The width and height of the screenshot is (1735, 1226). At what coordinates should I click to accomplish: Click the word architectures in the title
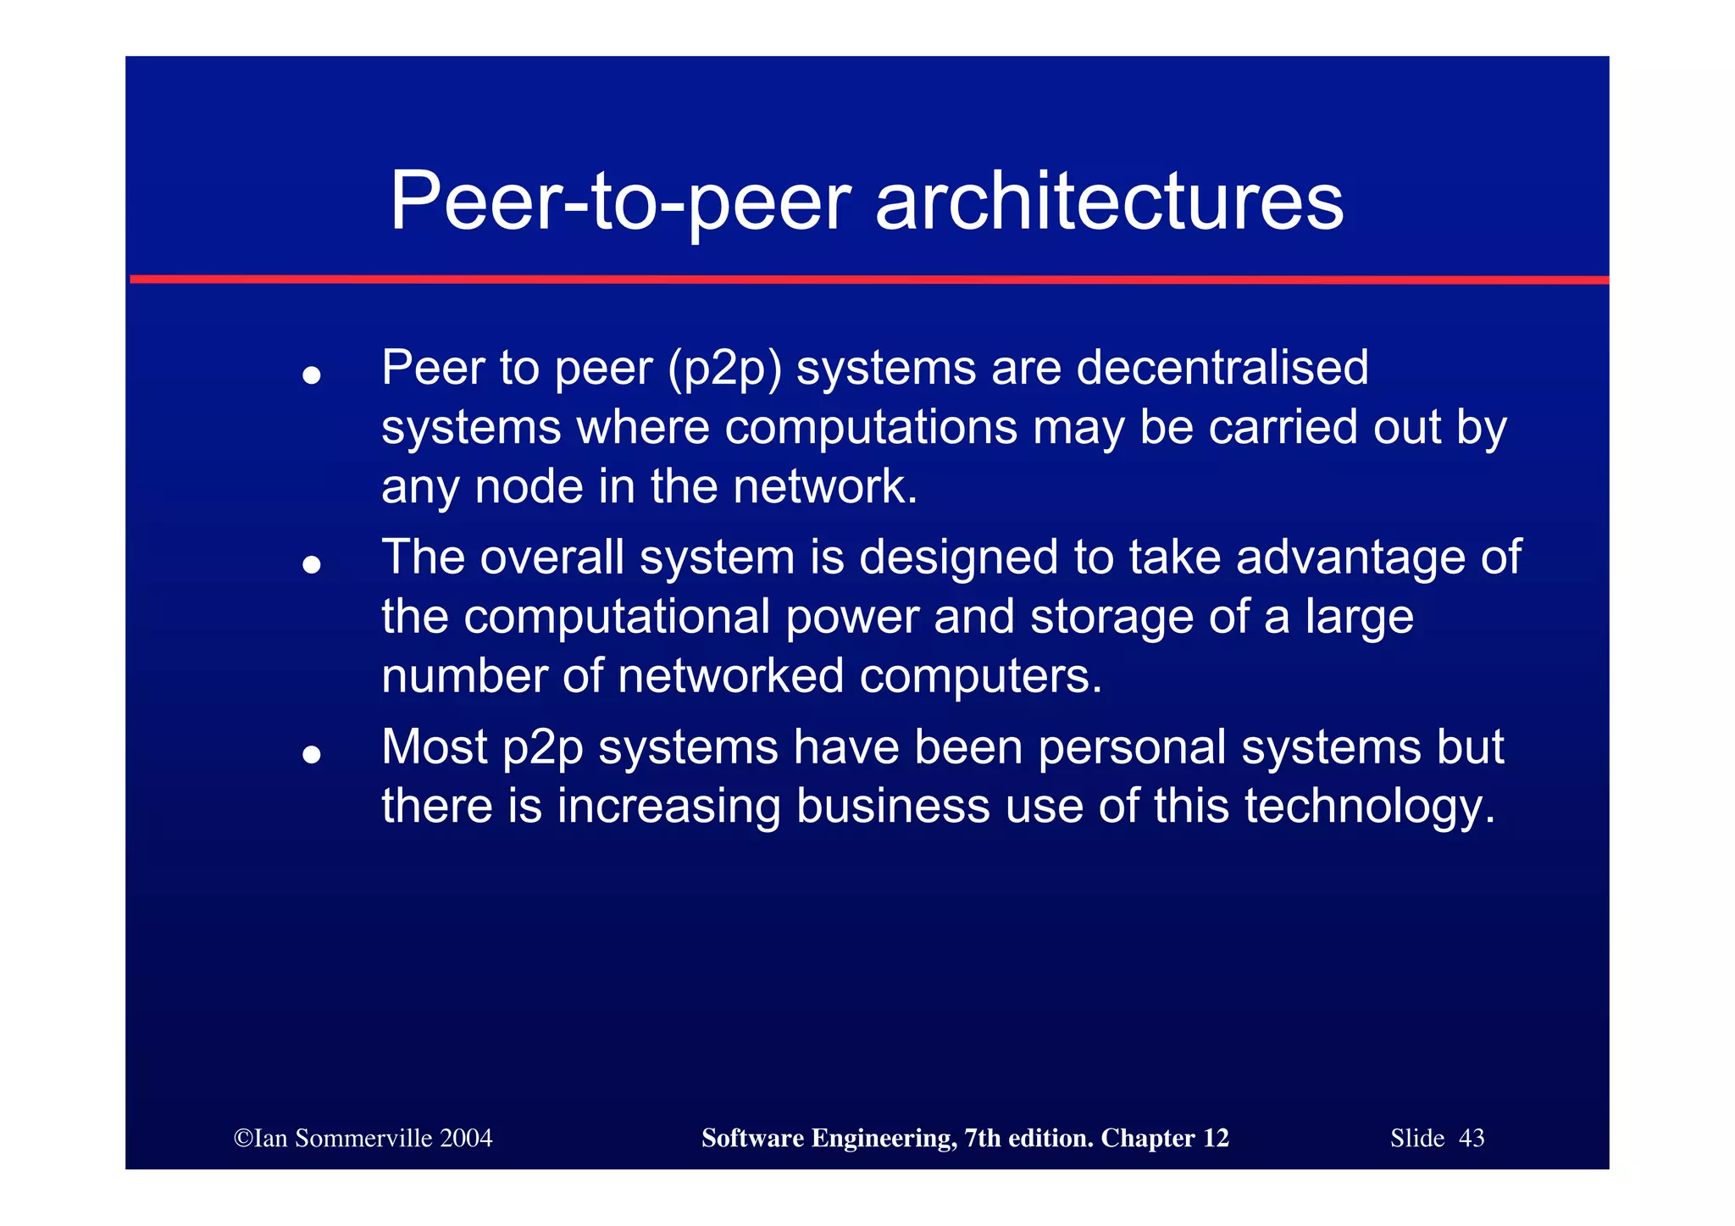[x=1109, y=202]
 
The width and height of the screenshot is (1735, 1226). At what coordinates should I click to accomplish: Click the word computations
[x=870, y=427]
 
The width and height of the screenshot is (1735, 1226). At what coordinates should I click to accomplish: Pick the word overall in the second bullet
[x=552, y=558]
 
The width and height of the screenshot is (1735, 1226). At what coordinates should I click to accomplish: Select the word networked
[x=730, y=676]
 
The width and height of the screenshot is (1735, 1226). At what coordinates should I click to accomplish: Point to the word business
[x=892, y=806]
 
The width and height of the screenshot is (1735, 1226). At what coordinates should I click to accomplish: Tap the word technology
[x=1370, y=807]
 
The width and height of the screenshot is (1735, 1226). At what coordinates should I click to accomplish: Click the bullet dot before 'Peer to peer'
[x=312, y=374]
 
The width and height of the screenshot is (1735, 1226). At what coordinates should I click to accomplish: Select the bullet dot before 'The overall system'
[x=312, y=564]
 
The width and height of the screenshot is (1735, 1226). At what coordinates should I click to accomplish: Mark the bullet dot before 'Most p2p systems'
[x=312, y=753]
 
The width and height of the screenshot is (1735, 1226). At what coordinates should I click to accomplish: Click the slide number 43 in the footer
[x=1472, y=1139]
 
